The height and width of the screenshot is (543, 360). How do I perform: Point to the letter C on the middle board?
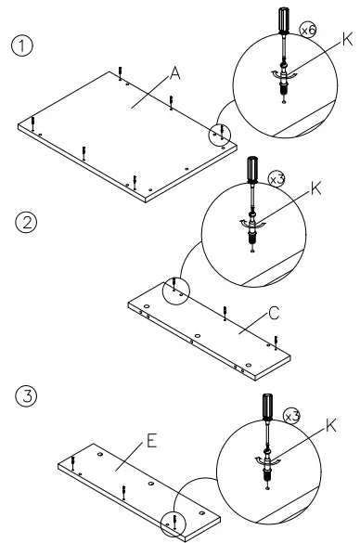pos(273,316)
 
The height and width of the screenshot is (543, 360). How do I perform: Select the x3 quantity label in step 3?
pos(291,417)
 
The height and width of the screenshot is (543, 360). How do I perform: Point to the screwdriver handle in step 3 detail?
pos(267,407)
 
